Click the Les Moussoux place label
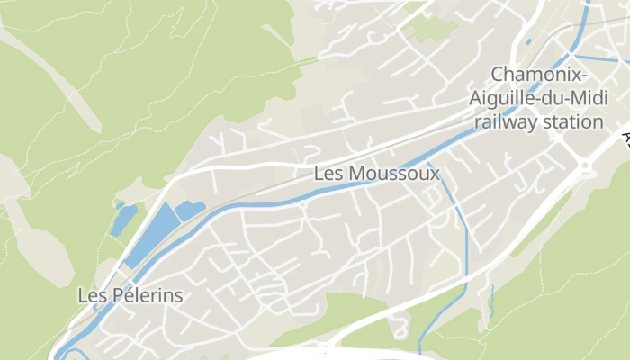[377, 174]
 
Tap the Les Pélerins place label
[130, 295]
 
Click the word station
[574, 121]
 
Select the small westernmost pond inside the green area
[123, 220]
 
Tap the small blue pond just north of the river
[189, 211]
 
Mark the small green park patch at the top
[434, 28]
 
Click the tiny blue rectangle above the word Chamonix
[528, 41]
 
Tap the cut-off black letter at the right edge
[625, 138]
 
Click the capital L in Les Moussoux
[319, 174]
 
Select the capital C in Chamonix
[497, 74]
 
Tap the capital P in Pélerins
[115, 295]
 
